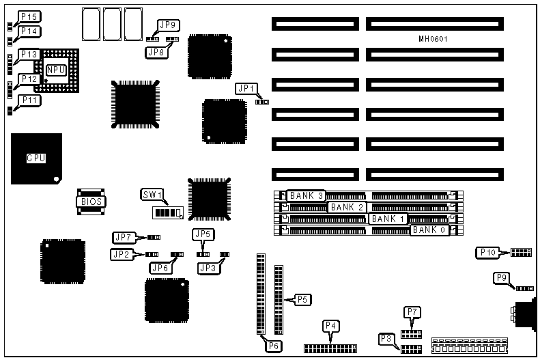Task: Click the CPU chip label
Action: click(x=35, y=158)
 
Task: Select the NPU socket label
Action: click(x=55, y=70)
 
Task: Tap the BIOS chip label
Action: click(x=89, y=202)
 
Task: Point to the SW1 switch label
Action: click(x=152, y=195)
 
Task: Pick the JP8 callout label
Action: click(x=156, y=51)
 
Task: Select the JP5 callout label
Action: click(x=203, y=234)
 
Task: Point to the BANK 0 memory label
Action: click(x=429, y=230)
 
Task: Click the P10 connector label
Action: click(x=487, y=253)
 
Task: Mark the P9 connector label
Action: click(x=502, y=277)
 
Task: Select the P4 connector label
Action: click(x=331, y=325)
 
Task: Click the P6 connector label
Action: click(x=273, y=346)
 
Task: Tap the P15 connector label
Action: click(x=29, y=16)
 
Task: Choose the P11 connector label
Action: click(x=29, y=100)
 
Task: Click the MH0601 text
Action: click(x=433, y=39)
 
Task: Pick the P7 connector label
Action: click(x=412, y=312)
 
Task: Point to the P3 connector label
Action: click(x=386, y=338)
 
